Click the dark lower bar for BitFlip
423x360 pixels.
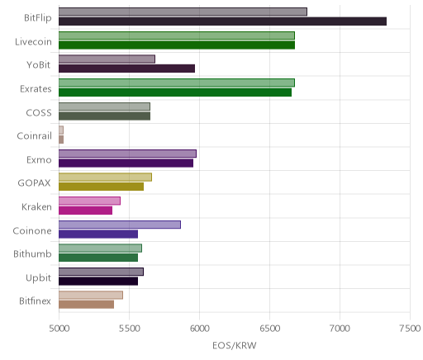point(222,21)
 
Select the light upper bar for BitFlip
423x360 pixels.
point(183,12)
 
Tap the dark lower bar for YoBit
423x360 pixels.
point(126,69)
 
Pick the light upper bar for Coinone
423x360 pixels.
point(120,225)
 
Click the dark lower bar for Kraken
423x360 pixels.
point(85,211)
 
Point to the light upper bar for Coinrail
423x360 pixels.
point(61,130)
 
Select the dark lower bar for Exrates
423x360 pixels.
point(175,92)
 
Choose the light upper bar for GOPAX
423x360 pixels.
point(105,178)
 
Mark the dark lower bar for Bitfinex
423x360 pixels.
point(86,305)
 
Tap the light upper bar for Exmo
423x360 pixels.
point(127,154)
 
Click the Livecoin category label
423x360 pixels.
point(33,41)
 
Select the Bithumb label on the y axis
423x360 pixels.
point(32,253)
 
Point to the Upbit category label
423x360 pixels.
point(38,277)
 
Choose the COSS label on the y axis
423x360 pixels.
point(39,112)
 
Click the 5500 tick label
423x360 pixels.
point(130,329)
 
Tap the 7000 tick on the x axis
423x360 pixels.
point(340,329)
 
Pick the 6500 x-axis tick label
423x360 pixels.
point(269,329)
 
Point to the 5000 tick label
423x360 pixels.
point(59,329)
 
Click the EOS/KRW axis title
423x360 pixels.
point(235,345)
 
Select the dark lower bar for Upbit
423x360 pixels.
point(98,281)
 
